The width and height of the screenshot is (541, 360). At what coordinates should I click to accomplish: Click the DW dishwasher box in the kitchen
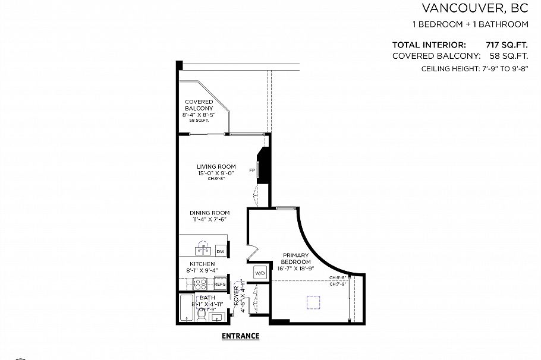220,252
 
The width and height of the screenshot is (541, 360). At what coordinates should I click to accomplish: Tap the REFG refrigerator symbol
220,285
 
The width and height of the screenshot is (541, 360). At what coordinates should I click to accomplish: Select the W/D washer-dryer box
260,273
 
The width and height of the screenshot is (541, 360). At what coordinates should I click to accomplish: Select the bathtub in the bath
187,308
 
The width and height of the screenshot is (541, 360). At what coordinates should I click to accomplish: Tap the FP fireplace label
252,169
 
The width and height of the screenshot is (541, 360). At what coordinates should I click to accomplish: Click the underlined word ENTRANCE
240,336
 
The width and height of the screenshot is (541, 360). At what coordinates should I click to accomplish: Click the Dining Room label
209,213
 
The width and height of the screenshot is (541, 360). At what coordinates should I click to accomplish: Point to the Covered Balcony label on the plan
199,105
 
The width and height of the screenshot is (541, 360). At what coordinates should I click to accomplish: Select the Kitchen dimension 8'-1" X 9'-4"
202,270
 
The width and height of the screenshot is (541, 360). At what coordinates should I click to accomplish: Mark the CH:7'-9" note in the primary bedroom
337,283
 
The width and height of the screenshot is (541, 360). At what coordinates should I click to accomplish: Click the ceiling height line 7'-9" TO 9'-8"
474,69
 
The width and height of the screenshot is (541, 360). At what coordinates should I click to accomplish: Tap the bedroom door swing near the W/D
251,252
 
